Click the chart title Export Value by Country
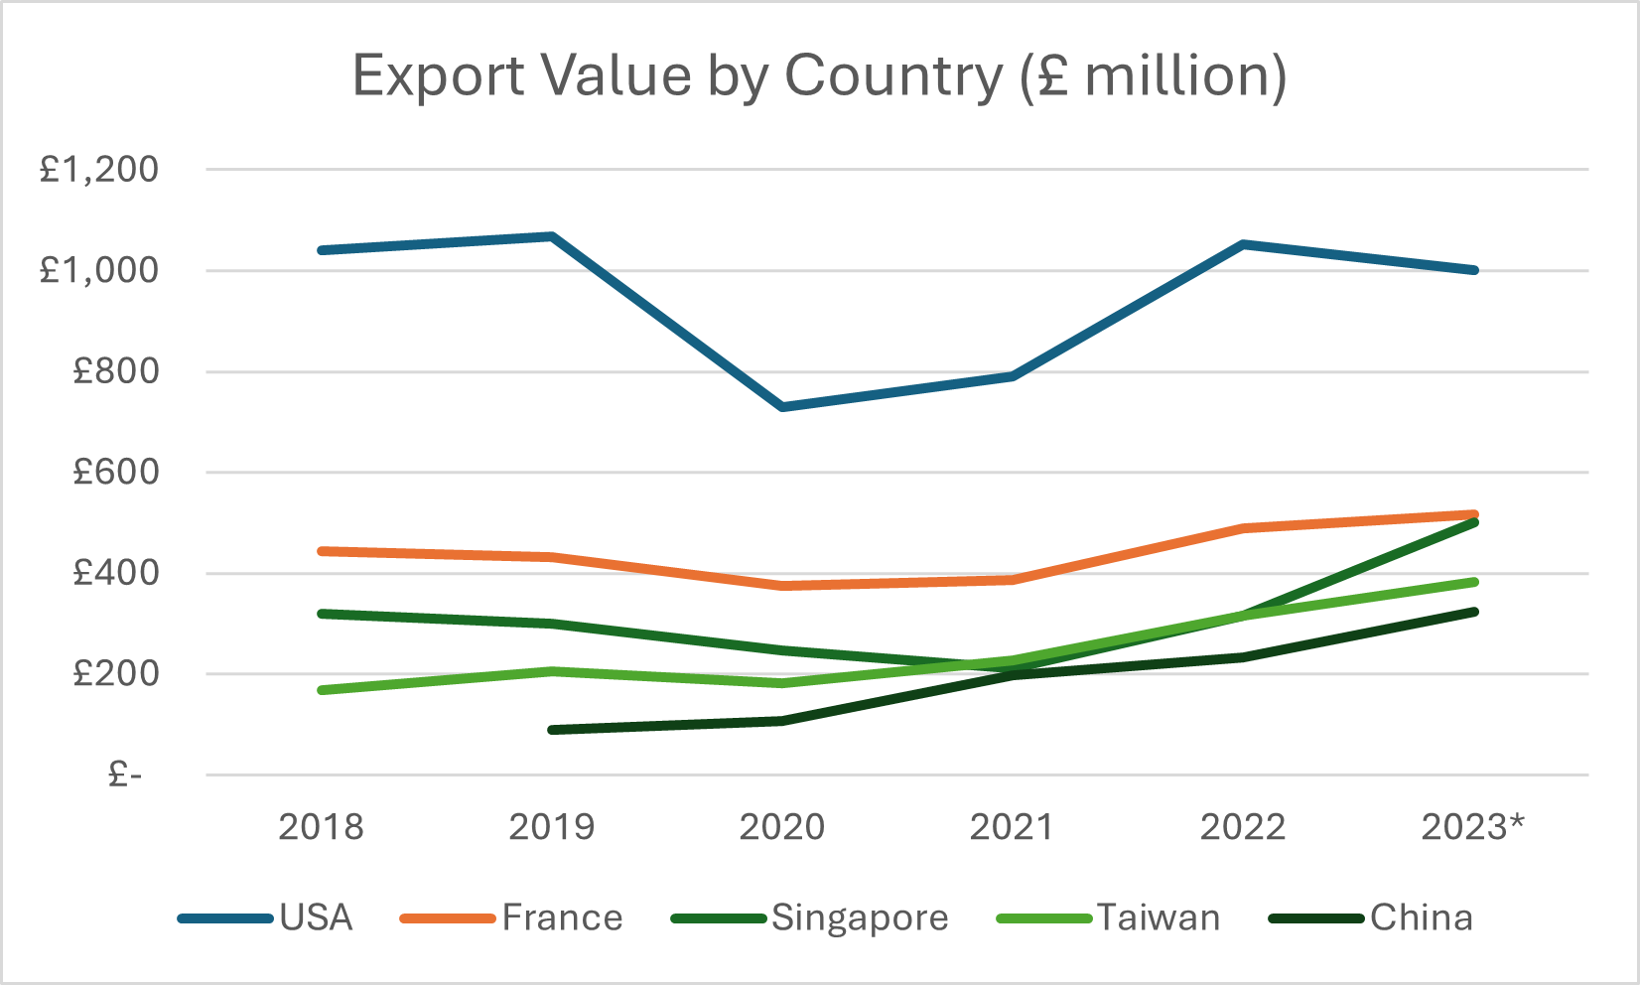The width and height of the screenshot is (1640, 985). click(x=819, y=76)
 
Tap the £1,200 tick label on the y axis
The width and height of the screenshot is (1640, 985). click(x=99, y=170)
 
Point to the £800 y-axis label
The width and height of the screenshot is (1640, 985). click(x=115, y=371)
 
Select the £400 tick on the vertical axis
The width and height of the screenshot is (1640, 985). click(x=115, y=573)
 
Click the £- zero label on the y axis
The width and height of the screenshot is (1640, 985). click(x=125, y=774)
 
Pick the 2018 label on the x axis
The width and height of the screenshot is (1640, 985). click(x=321, y=827)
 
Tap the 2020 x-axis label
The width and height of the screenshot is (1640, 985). click(x=782, y=827)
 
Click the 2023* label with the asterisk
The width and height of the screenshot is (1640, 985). click(x=1473, y=827)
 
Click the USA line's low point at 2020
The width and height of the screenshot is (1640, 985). click(x=782, y=407)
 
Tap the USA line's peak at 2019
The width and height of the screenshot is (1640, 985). click(x=552, y=236)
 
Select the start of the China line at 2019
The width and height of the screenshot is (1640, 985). click(x=552, y=730)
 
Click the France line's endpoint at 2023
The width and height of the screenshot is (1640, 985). click(x=1474, y=514)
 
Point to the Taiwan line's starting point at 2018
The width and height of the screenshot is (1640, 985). click(x=322, y=690)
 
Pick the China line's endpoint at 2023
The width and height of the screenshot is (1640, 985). click(x=1474, y=612)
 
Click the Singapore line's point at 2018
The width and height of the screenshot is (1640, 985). click(x=322, y=614)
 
